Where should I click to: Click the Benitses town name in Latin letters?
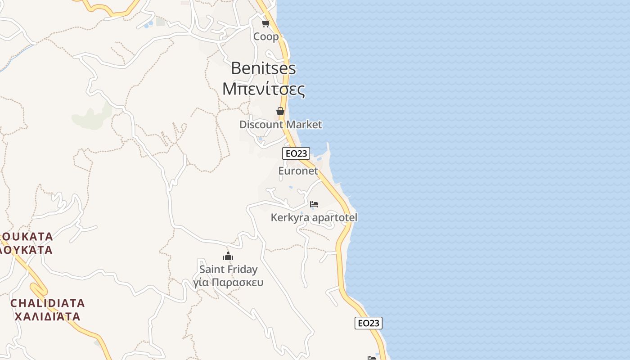pos(263,68)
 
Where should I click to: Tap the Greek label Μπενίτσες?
pos(263,89)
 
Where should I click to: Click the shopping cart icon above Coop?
pos(265,23)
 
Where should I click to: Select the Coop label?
pos(266,36)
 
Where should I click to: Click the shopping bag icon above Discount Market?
pos(280,111)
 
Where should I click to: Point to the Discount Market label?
pos(280,125)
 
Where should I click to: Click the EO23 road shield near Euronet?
pos(296,153)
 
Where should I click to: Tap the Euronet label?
pos(298,171)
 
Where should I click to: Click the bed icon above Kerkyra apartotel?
pos(314,204)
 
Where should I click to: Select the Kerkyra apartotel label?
pos(314,218)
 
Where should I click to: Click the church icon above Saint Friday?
pos(228,256)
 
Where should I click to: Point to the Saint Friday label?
pos(228,270)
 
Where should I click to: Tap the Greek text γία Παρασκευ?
pos(228,283)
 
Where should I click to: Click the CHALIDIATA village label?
pos(47,303)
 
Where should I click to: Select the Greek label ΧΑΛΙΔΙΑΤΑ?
pos(47,316)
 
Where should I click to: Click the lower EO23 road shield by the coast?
pos(368,323)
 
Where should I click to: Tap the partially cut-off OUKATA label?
pos(27,237)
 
